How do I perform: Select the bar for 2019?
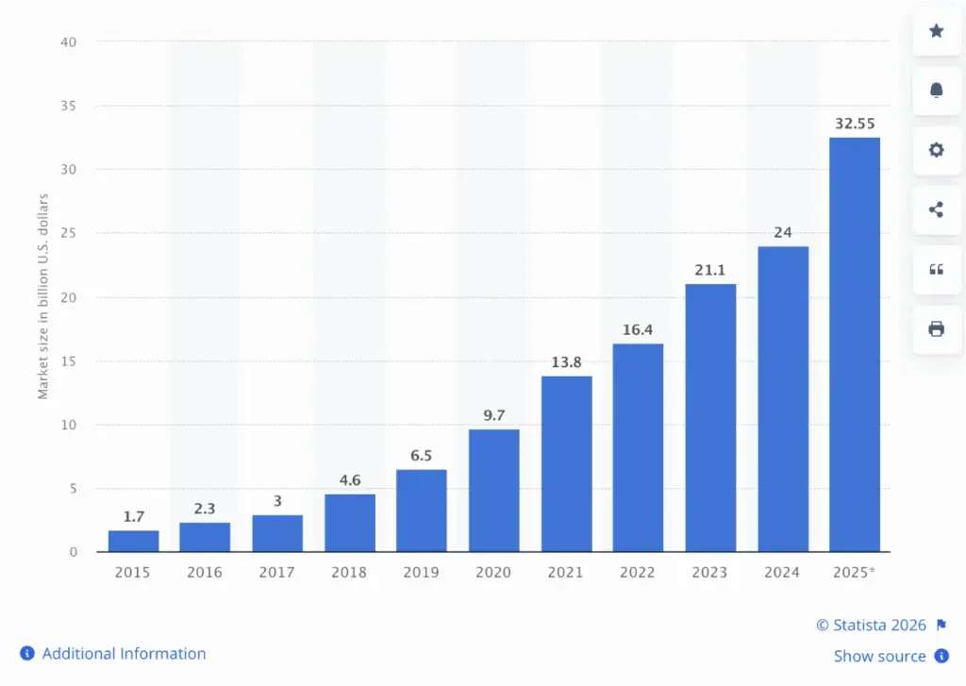421,510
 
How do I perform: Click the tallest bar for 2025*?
854,344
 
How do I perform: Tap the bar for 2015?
133,541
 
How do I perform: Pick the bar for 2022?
638,447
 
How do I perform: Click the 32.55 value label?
854,124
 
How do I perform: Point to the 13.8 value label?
566,362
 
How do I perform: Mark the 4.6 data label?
349,480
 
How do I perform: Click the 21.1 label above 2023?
710,270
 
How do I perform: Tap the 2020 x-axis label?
493,573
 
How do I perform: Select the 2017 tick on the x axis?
277,573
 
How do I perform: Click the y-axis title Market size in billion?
43,296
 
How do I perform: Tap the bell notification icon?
936,91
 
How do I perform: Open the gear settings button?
936,150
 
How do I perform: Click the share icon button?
936,209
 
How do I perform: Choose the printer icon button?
936,329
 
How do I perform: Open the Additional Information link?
124,653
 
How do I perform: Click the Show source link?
879,656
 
